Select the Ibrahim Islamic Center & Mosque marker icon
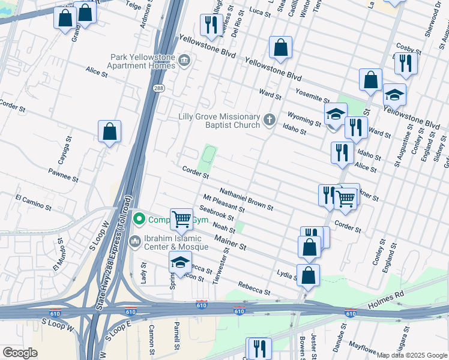coord(135,241)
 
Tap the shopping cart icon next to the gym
coord(181,219)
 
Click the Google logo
coord(20,353)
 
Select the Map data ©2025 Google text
coord(411,355)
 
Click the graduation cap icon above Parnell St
coord(179,262)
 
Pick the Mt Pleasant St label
coord(223,203)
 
